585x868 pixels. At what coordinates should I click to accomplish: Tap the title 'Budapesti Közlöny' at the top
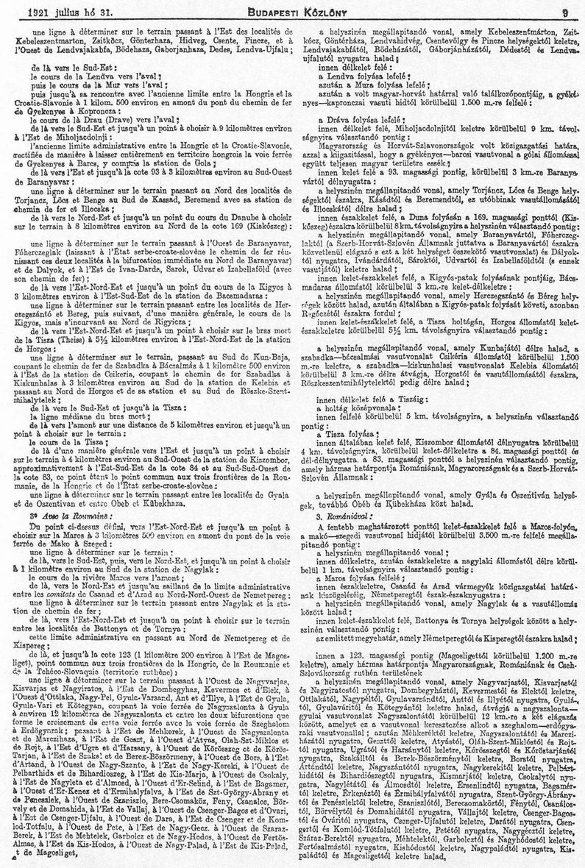point(293,11)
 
